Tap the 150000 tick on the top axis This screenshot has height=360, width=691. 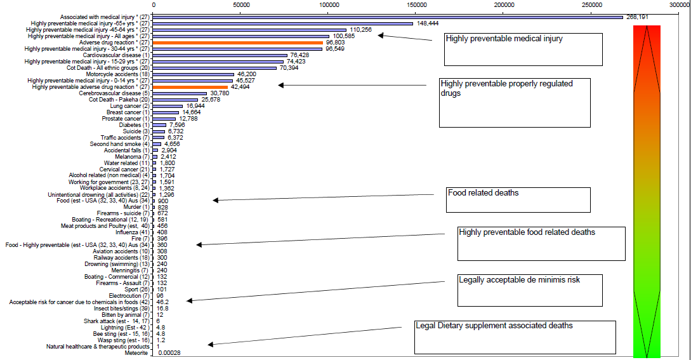click(416, 5)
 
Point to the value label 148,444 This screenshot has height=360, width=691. click(427, 23)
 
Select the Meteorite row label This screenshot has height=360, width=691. click(136, 353)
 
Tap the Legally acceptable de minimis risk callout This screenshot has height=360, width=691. click(530, 291)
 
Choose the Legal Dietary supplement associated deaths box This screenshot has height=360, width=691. click(515, 337)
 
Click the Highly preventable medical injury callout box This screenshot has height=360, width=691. click(523, 50)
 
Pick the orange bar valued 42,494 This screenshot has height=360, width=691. click(190, 87)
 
